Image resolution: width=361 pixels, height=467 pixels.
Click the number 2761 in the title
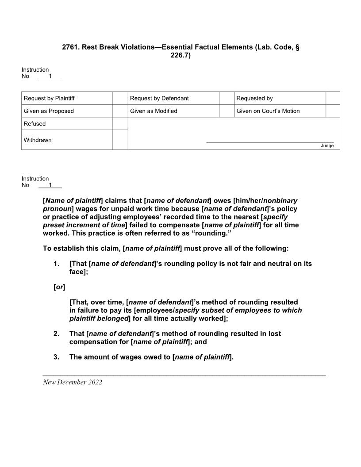point(70,47)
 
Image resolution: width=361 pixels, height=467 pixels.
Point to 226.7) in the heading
point(180,55)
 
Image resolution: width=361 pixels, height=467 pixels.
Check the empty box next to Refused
point(120,124)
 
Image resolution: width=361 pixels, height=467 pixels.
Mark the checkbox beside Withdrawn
point(120,140)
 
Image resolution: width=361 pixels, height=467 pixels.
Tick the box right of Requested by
point(333,98)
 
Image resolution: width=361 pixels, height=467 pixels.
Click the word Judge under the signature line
point(327,146)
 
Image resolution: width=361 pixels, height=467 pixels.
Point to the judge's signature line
point(270,142)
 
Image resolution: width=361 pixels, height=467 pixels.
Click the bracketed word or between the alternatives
point(59,287)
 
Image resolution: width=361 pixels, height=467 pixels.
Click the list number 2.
point(56,333)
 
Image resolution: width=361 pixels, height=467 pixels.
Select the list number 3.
point(56,357)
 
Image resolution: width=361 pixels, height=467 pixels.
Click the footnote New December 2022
point(73,382)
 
